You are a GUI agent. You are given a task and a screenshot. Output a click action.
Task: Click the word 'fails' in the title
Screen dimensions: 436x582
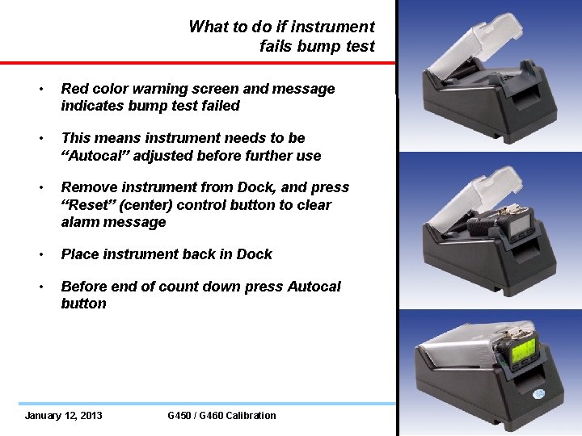coord(276,46)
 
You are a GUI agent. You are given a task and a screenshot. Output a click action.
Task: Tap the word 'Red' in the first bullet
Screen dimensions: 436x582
coord(75,89)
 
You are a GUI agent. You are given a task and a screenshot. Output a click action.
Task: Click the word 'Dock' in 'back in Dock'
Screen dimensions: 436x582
coord(255,254)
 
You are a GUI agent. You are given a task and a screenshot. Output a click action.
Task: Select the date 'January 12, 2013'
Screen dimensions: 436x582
coord(64,416)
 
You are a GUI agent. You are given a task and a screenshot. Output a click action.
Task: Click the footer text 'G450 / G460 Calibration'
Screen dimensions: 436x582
coord(221,416)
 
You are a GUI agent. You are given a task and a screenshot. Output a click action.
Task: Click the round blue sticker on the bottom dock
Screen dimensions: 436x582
coord(538,393)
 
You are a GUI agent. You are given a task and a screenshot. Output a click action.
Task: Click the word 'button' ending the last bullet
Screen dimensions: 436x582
coord(83,304)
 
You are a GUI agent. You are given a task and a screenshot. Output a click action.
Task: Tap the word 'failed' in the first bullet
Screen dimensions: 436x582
coord(221,106)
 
